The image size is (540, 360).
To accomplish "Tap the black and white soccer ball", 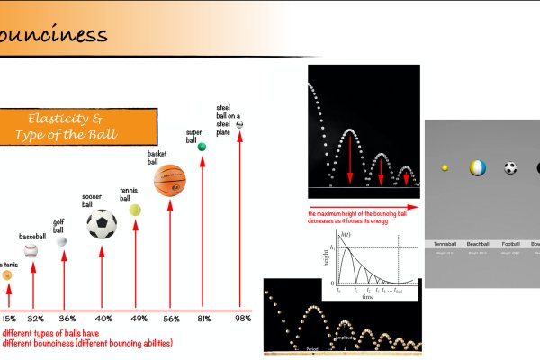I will pyautogui.click(x=102, y=224).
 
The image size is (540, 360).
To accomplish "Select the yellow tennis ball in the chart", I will pyautogui.click(x=135, y=209).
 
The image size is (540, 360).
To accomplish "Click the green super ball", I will pyautogui.click(x=202, y=147).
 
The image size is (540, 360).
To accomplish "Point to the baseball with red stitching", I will pyautogui.click(x=31, y=250).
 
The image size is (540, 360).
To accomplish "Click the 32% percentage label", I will pyautogui.click(x=35, y=319).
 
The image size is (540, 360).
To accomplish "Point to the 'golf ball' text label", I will pyautogui.click(x=58, y=226).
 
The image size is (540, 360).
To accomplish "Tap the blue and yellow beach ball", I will pyautogui.click(x=477, y=167).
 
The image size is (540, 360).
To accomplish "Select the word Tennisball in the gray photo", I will pyautogui.click(x=445, y=244).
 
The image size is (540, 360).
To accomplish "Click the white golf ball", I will pyautogui.click(x=61, y=241).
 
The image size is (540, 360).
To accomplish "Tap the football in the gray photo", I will pyautogui.click(x=510, y=168).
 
